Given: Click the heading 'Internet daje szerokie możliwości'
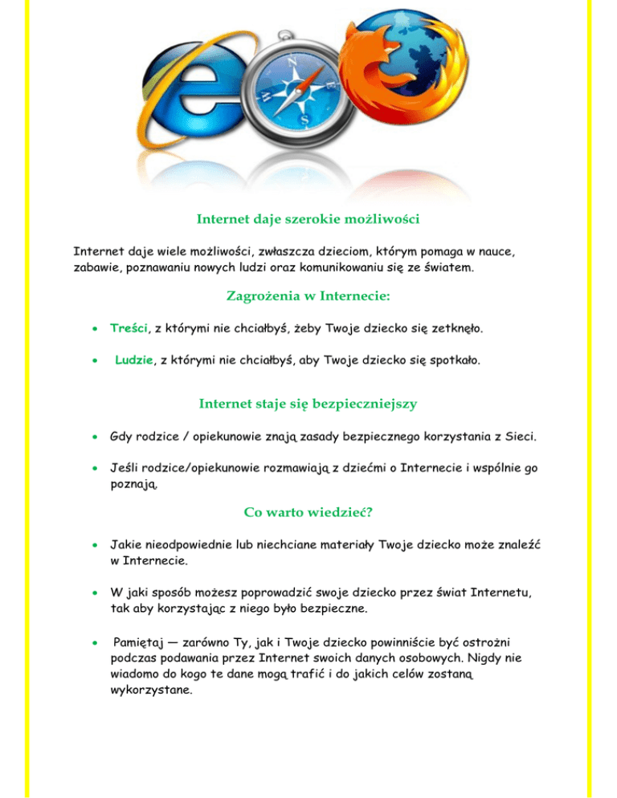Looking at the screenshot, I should tap(308, 218).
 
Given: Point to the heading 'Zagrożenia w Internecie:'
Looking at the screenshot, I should tap(308, 297).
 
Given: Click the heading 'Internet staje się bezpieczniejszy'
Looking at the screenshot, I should tap(308, 404).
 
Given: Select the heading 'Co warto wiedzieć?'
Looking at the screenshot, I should tap(308, 511).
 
